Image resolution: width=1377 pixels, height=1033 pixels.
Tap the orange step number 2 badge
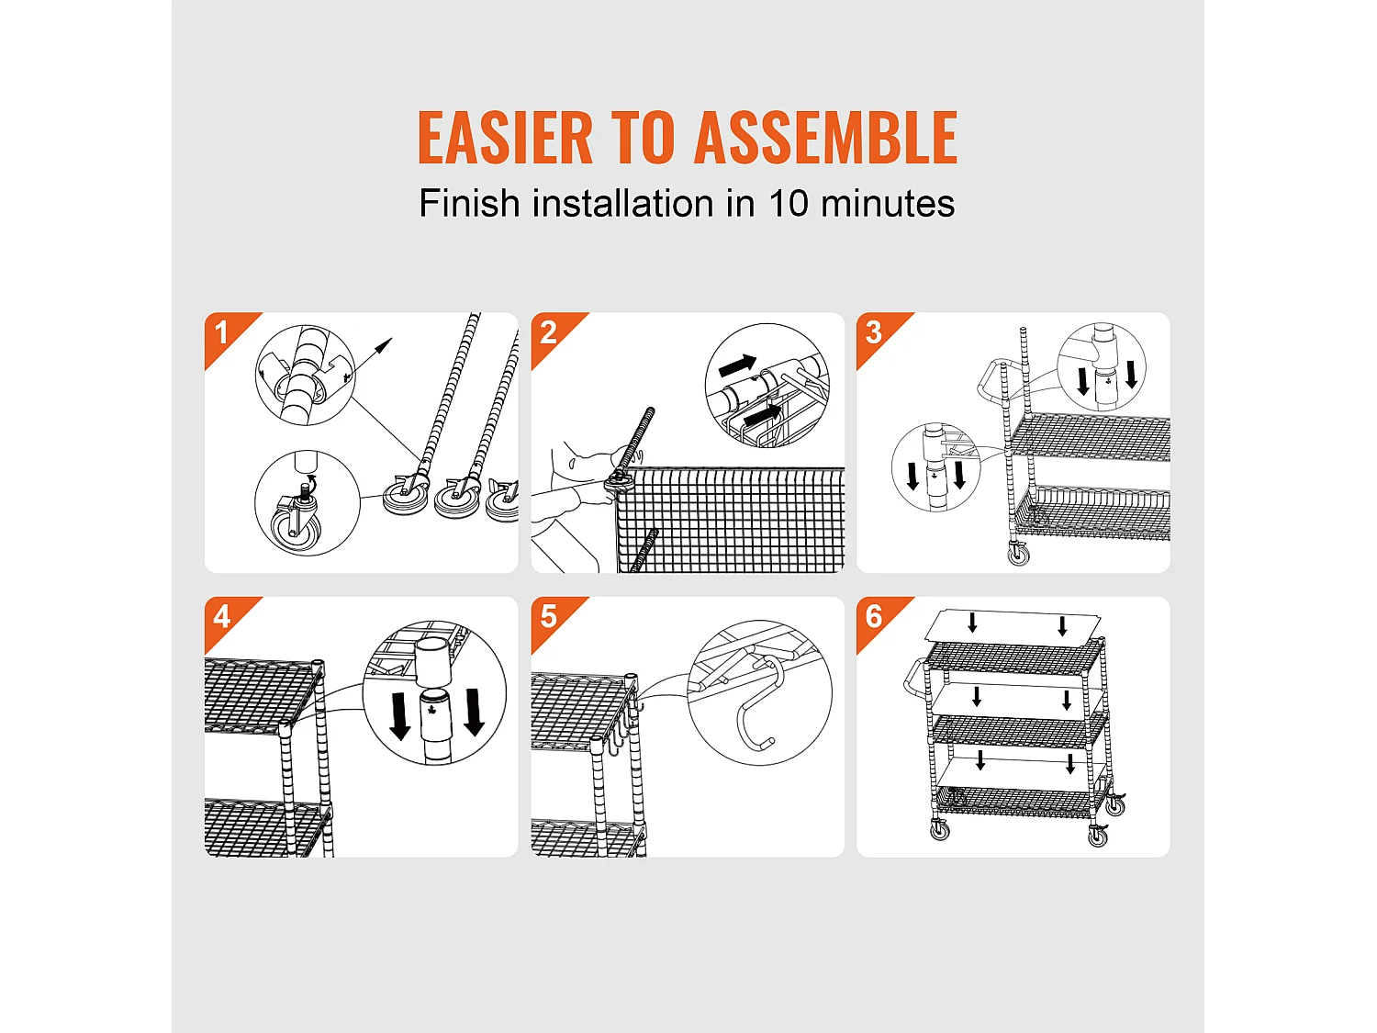[x=549, y=332]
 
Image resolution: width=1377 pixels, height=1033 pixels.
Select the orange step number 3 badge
[x=874, y=332]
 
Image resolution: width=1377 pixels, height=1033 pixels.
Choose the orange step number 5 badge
[x=549, y=616]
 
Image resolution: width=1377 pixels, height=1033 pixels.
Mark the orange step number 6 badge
[x=874, y=616]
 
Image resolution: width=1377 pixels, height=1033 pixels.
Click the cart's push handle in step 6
[x=914, y=678]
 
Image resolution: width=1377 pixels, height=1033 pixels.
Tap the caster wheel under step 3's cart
[x=1019, y=554]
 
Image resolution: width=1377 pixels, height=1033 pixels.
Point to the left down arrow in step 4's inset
[x=400, y=715]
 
